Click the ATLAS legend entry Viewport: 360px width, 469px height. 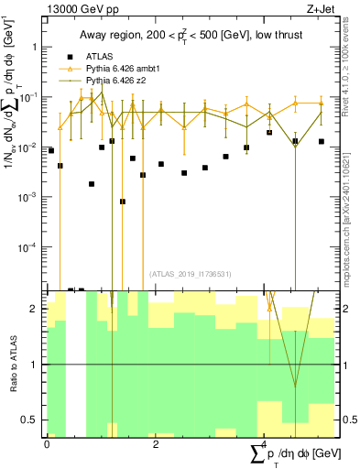coord(97,55)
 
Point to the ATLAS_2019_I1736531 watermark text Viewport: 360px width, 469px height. coord(190,274)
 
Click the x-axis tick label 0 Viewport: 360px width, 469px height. coord(47,444)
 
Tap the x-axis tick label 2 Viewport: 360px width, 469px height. coord(156,444)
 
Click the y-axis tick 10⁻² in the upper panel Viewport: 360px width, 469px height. coord(27,147)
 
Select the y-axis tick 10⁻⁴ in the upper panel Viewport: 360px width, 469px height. coord(27,247)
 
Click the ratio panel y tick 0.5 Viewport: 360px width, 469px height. coord(31,420)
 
